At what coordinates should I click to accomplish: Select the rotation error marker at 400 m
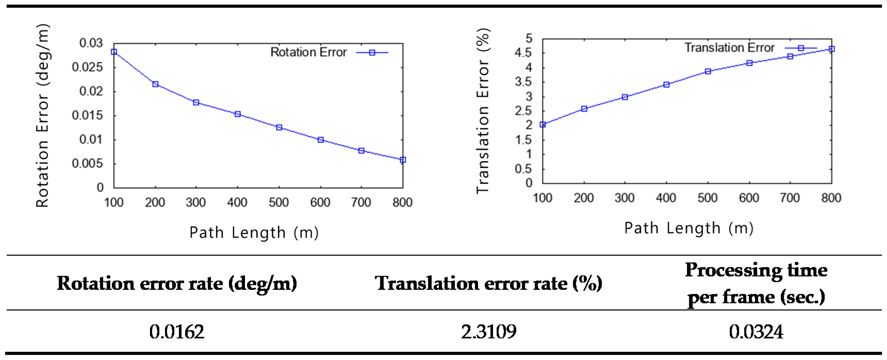coord(237,114)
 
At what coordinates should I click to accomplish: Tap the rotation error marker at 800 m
coord(403,160)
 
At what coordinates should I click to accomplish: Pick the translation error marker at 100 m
coord(543,124)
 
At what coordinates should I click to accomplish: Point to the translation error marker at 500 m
coord(708,71)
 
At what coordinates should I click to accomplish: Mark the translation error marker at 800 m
coord(832,49)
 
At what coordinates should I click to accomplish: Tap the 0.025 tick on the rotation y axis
coord(87,67)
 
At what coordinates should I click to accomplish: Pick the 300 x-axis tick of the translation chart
coord(625,198)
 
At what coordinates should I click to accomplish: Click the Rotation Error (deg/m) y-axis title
coord(43,116)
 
